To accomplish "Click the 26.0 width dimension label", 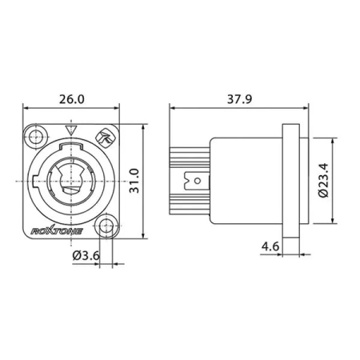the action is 71,99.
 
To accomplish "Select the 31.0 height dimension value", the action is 134,181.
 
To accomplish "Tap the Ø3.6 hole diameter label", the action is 86,255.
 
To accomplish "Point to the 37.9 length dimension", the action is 239,99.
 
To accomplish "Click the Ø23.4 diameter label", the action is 324,180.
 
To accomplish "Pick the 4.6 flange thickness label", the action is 270,246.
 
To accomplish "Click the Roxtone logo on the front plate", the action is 57,231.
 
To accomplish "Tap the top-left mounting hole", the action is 36,138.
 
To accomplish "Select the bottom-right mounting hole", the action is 106,225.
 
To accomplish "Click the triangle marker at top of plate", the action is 70,130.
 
